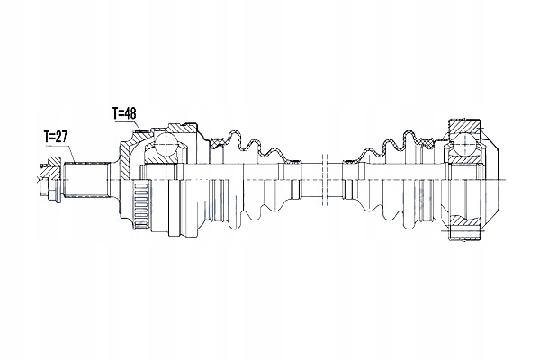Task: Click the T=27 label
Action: pos(56,137)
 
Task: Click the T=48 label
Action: pos(124,113)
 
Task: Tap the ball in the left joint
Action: pos(165,144)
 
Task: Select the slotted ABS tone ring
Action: pos(141,205)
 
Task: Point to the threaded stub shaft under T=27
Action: pos(87,180)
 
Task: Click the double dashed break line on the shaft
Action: pos(325,180)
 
